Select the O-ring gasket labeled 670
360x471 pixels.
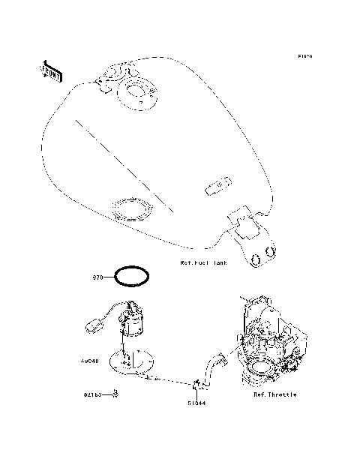point(133,275)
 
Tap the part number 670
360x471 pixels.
point(97,276)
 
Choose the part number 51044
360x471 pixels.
point(196,403)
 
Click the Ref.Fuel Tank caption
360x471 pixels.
point(203,263)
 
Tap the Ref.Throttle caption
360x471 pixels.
point(274,394)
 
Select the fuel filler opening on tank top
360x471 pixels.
point(139,93)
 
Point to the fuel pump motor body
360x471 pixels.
point(136,321)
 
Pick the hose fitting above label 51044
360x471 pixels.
point(197,385)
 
